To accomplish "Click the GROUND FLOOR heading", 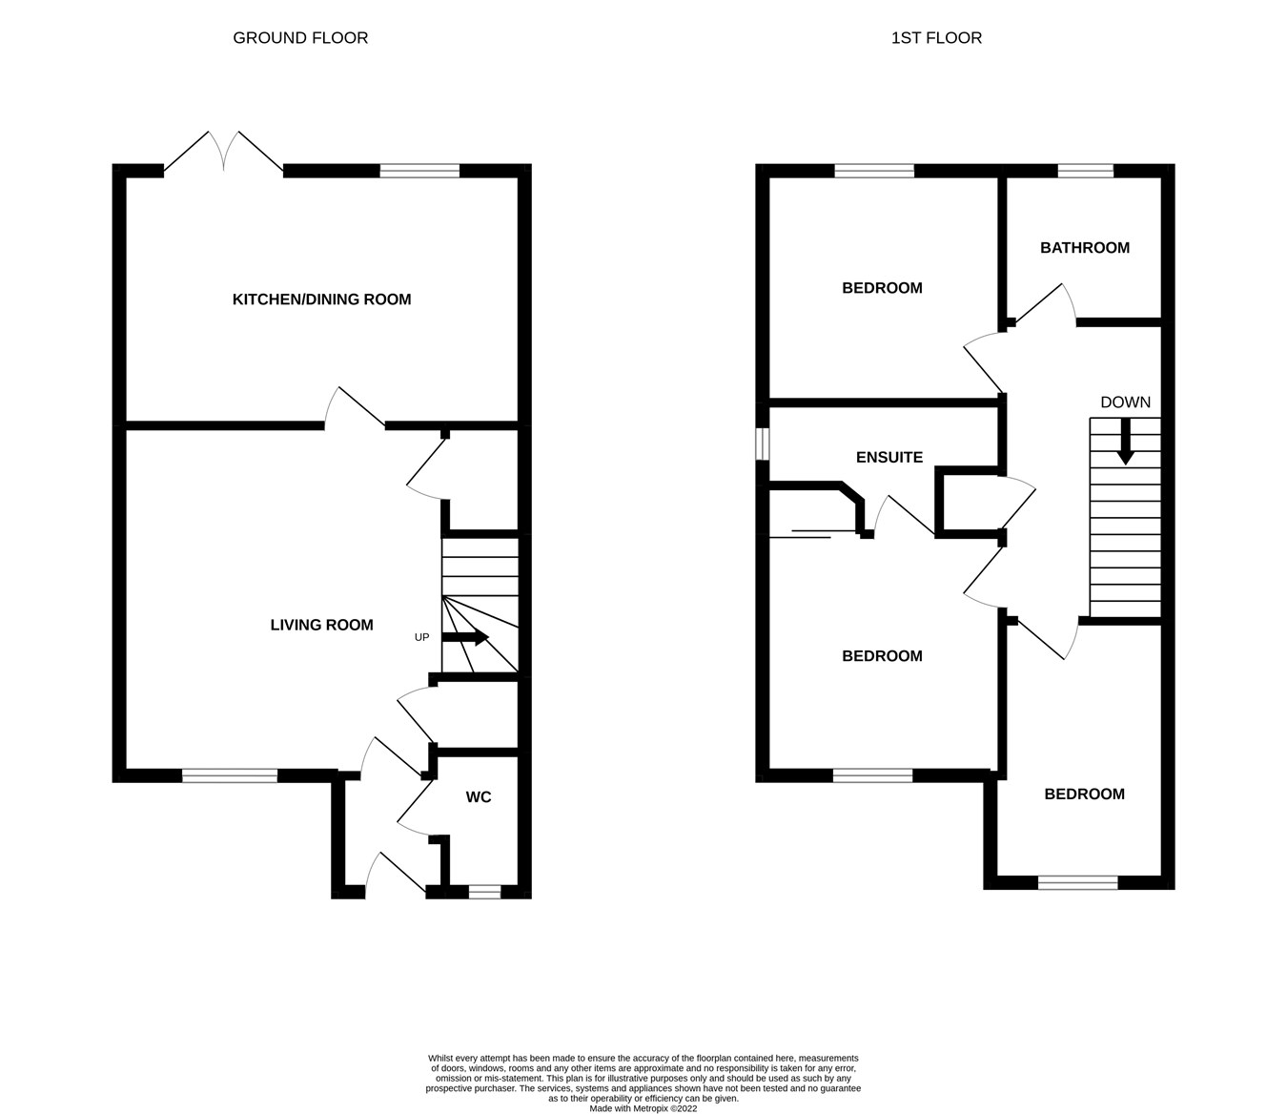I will pyautogui.click(x=300, y=38).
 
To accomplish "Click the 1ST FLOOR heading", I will pyautogui.click(x=936, y=38).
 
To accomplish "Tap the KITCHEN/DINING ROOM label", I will pyautogui.click(x=321, y=299).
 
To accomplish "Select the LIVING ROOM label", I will pyautogui.click(x=321, y=626).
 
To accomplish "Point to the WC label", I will pyautogui.click(x=479, y=797).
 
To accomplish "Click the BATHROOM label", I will pyautogui.click(x=1084, y=248).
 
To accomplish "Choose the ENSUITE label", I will pyautogui.click(x=889, y=458).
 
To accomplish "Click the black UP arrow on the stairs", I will pyautogui.click(x=466, y=637).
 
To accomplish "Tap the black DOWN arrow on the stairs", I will pyautogui.click(x=1125, y=443).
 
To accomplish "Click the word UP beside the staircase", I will pyautogui.click(x=421, y=637).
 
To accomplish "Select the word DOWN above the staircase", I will pyautogui.click(x=1125, y=402).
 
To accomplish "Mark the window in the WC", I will pyautogui.click(x=484, y=892).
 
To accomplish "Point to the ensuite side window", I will pyautogui.click(x=762, y=443).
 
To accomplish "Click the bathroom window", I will pyautogui.click(x=1085, y=171).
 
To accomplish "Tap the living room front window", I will pyautogui.click(x=230, y=775).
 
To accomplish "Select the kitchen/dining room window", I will pyautogui.click(x=419, y=171).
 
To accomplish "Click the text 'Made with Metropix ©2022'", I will pyautogui.click(x=643, y=1108).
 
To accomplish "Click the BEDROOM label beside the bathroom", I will pyautogui.click(x=882, y=288).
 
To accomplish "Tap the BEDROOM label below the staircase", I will pyautogui.click(x=1084, y=794).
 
